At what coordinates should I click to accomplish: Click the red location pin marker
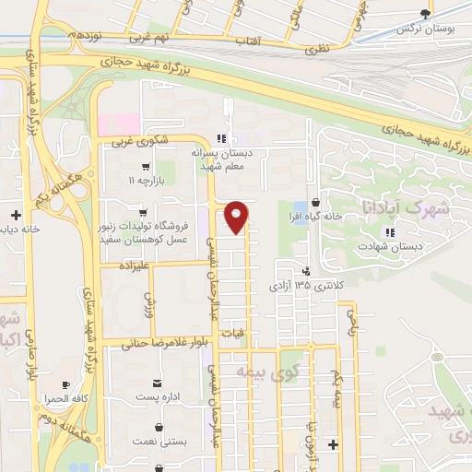(237, 216)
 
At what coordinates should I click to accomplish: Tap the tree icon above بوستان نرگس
(424, 14)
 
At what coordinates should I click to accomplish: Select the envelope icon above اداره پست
(160, 383)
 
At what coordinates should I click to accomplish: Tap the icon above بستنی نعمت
(161, 428)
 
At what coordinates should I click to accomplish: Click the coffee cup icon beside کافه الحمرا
(65, 385)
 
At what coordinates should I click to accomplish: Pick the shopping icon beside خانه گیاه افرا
(315, 202)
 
